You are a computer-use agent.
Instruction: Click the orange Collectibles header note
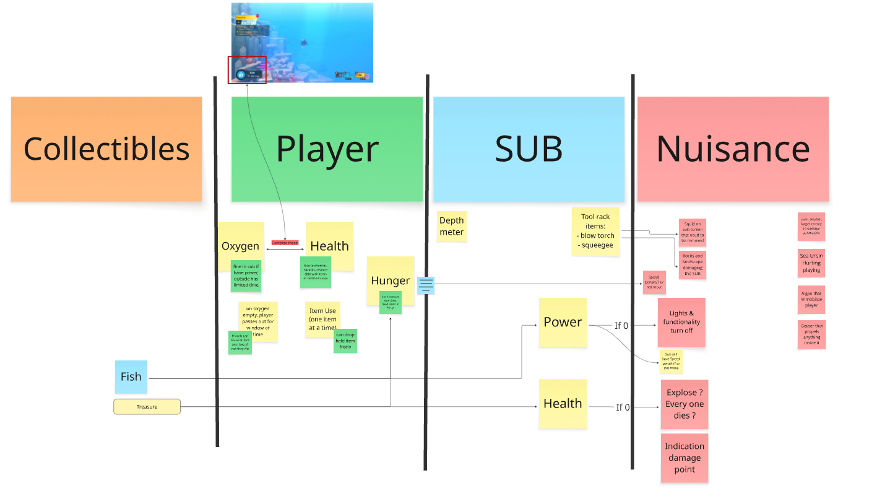[x=106, y=149]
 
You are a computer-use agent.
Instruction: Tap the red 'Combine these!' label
[x=285, y=243]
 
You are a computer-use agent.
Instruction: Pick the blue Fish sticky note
[x=131, y=377]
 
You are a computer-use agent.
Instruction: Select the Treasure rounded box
[x=147, y=407]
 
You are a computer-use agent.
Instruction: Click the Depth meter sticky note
[x=451, y=226]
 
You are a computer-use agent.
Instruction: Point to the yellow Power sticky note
[x=563, y=322]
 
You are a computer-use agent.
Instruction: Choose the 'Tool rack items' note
[x=595, y=230]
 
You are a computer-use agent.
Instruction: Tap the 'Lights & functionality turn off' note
[x=681, y=322]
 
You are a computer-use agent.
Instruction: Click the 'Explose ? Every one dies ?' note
[x=685, y=404]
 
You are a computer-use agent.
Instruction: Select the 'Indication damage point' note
[x=685, y=458]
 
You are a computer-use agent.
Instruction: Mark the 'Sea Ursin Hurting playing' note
[x=811, y=263]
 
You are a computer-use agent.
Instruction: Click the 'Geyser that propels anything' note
[x=811, y=334]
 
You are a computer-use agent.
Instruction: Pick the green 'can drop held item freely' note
[x=345, y=341]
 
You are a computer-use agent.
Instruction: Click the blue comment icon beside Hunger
[x=426, y=285]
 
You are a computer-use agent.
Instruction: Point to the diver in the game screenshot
[x=304, y=43]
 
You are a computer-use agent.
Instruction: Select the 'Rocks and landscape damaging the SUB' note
[x=691, y=265]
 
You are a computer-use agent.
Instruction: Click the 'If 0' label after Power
[x=621, y=325]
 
